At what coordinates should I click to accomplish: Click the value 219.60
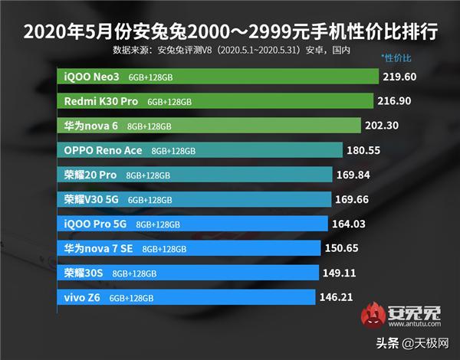pyautogui.click(x=404, y=77)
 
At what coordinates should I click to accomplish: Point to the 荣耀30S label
pyautogui.click(x=84, y=273)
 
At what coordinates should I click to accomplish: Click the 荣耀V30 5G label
pyautogui.click(x=92, y=199)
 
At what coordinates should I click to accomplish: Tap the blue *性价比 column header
pyautogui.click(x=396, y=58)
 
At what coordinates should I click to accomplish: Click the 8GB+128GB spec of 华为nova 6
pyautogui.click(x=149, y=126)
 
